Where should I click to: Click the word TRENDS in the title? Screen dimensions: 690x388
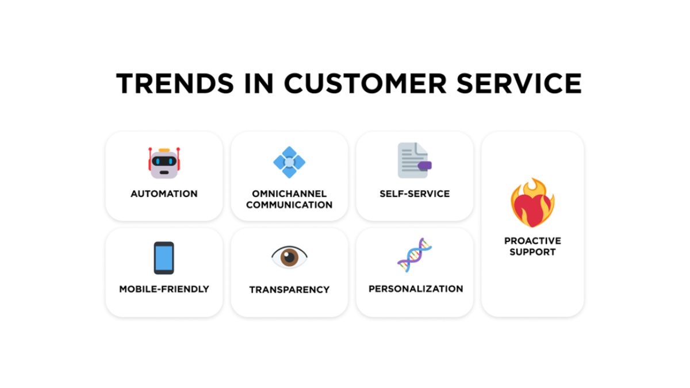click(x=175, y=83)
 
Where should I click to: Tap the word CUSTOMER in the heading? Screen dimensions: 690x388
click(x=365, y=83)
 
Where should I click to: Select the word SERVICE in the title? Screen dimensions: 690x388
click(x=519, y=83)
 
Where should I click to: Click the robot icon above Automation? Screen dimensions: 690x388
click(x=164, y=163)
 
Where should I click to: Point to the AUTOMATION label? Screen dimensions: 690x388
click(x=164, y=194)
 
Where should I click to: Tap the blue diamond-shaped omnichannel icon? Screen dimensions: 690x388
click(x=289, y=162)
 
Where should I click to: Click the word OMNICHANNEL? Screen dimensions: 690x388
click(x=289, y=194)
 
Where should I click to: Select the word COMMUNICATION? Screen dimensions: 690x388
click(x=289, y=205)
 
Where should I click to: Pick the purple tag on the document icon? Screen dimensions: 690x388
click(x=425, y=166)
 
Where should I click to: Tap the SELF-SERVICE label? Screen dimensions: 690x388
click(x=415, y=194)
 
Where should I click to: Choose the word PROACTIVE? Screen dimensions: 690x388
click(x=532, y=240)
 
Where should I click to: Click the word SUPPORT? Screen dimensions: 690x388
click(x=532, y=252)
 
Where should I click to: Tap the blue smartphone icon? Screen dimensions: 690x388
click(x=164, y=258)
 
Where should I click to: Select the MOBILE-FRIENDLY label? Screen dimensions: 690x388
click(x=164, y=289)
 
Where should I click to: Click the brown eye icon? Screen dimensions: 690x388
click(x=289, y=257)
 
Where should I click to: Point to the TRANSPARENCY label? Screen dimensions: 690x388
click(x=289, y=290)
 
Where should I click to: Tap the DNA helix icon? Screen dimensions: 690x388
click(x=415, y=255)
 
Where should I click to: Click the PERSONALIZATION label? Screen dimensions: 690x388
click(x=416, y=289)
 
